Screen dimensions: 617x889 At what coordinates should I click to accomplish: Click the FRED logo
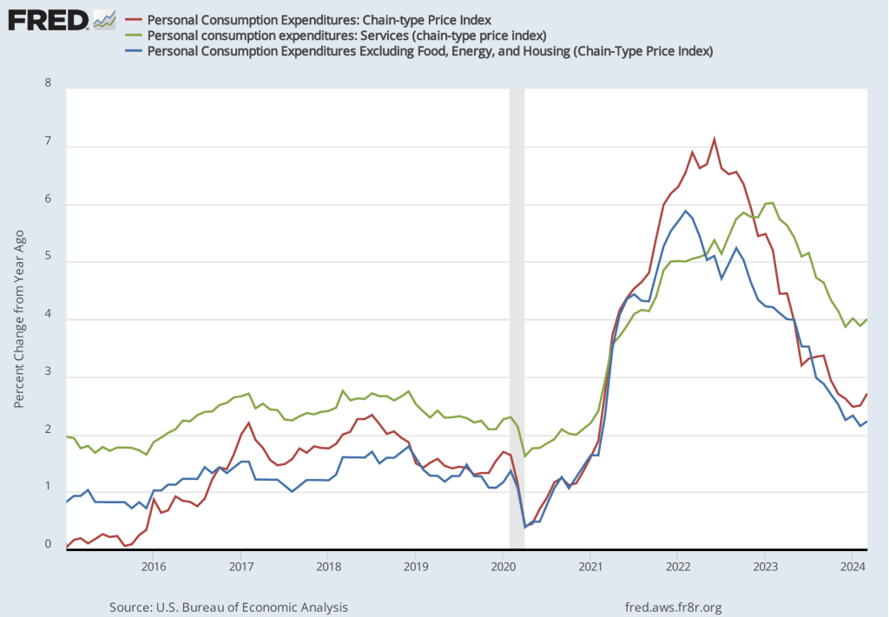point(47,18)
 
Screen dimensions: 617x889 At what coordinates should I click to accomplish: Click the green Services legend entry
point(346,35)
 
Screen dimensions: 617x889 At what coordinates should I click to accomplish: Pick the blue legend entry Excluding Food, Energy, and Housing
point(430,51)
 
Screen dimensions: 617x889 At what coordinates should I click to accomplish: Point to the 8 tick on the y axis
point(49,84)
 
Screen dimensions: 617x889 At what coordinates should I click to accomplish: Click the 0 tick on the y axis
point(49,544)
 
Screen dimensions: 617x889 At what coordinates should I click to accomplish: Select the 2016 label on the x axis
point(153,567)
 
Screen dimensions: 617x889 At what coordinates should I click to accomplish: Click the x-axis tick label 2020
point(504,567)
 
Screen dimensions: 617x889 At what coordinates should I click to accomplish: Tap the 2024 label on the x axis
point(853,567)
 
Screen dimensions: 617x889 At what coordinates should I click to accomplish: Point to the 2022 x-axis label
point(678,567)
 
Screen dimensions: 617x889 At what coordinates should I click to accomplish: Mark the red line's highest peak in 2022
point(714,139)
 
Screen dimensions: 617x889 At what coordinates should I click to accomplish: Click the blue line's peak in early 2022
point(686,211)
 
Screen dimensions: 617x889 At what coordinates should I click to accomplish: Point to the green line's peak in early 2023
point(771,202)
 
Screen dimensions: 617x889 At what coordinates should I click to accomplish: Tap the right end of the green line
point(867,319)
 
